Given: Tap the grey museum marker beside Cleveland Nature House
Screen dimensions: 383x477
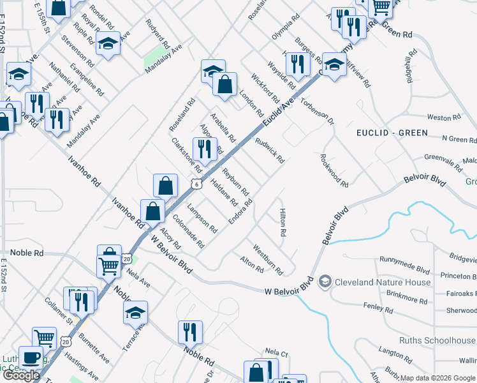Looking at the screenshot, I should (x=325, y=282).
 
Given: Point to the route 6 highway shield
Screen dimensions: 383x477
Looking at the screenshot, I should (x=197, y=184).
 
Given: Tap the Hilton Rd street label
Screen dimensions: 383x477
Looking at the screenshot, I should (x=282, y=223).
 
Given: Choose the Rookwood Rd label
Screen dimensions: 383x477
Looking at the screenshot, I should (x=334, y=170).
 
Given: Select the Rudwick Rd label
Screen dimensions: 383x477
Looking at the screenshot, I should (x=269, y=151).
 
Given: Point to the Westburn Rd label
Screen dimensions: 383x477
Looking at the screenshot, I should (x=268, y=259).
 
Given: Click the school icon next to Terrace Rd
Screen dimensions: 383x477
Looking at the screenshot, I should (x=135, y=312).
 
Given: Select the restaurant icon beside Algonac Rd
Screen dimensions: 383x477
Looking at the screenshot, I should (x=204, y=149).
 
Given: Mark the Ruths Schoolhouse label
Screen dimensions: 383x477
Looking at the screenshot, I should (x=437, y=340).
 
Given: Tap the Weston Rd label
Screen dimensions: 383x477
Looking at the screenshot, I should (x=439, y=117).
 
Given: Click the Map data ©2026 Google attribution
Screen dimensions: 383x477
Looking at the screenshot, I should (x=438, y=378).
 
